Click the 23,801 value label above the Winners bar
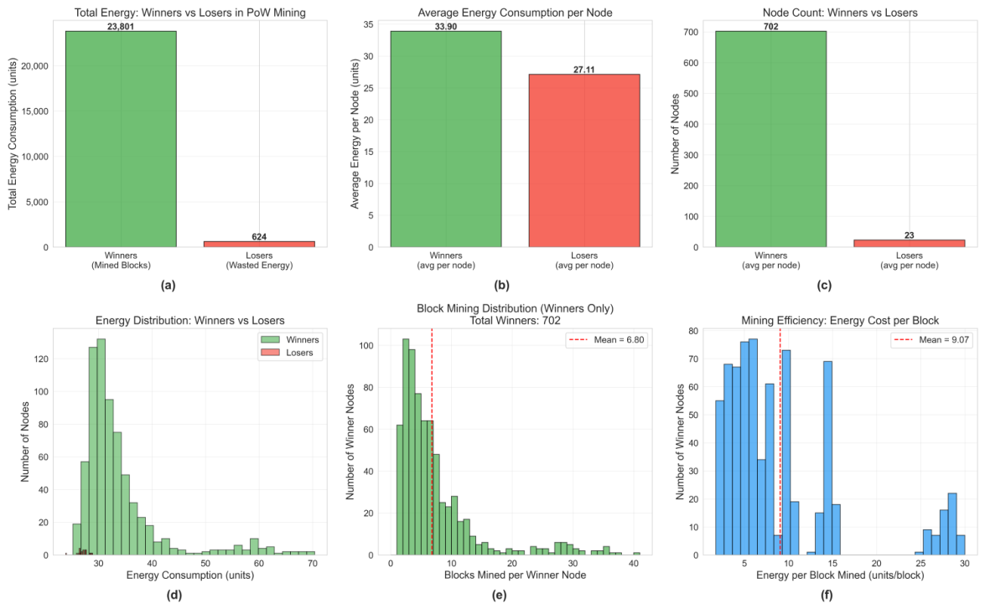click(x=121, y=26)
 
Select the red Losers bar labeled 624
click(x=259, y=245)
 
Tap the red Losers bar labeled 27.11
click(x=584, y=161)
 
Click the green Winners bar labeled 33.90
click(x=446, y=139)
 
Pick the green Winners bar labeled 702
click(x=770, y=139)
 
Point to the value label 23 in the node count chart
click(x=909, y=235)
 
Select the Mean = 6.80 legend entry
click(x=606, y=339)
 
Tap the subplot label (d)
click(x=174, y=596)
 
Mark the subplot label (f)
click(x=826, y=596)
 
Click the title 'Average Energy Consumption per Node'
click(x=515, y=13)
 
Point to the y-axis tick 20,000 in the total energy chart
click(x=35, y=66)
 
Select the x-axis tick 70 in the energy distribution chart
click(x=312, y=563)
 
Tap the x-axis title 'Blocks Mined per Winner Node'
click(x=515, y=575)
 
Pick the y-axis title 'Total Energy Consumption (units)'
click(x=13, y=134)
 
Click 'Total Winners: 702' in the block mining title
click(x=515, y=320)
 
